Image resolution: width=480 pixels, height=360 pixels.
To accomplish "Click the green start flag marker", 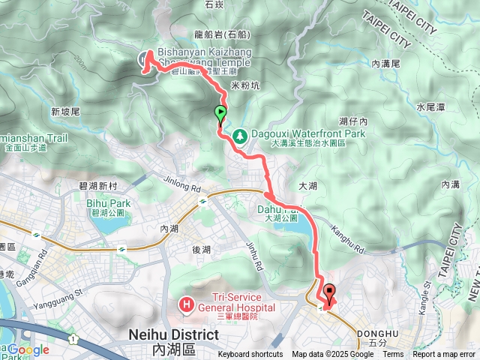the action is pos(221,115).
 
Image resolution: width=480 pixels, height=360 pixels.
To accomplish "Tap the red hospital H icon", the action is pos(184,305).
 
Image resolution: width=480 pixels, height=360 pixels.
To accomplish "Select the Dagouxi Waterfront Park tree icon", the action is pos(240,136).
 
